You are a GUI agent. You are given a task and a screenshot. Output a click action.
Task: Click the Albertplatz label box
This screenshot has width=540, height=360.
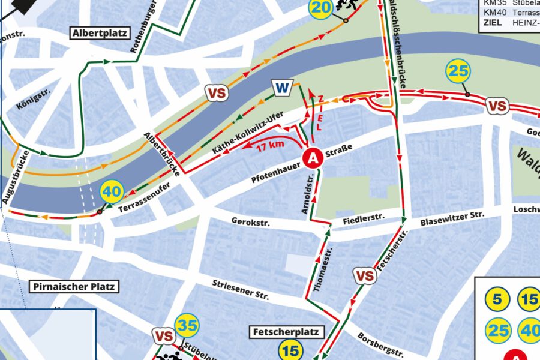(100, 33)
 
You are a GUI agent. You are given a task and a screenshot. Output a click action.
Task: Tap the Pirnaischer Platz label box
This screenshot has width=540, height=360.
(74, 286)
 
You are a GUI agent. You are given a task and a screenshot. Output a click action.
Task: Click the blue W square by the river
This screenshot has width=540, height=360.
(281, 88)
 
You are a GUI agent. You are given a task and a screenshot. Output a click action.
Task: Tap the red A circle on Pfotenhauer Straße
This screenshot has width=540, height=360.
(312, 158)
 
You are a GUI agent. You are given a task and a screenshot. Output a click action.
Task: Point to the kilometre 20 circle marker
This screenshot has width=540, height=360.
(321, 8)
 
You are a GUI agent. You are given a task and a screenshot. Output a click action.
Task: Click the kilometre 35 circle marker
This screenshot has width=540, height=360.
(187, 326)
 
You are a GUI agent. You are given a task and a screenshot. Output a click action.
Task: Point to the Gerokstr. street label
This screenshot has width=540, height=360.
(250, 222)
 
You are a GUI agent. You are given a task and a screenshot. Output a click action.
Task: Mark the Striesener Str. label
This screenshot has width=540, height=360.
(241, 290)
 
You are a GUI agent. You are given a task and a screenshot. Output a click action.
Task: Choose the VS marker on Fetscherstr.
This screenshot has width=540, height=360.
(365, 276)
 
